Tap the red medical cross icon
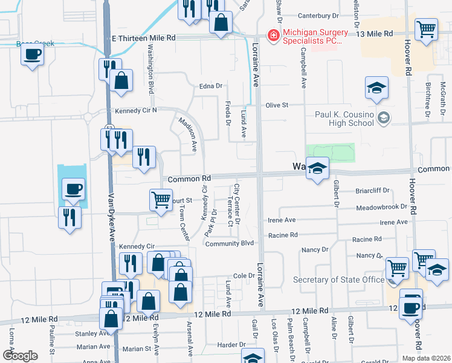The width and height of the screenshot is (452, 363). click(x=274, y=36)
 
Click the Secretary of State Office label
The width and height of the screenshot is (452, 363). click(x=338, y=280)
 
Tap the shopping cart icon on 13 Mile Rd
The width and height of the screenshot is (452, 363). click(x=427, y=28)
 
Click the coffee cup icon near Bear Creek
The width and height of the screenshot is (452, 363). click(x=32, y=54)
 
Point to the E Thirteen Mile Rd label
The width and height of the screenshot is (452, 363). click(x=144, y=38)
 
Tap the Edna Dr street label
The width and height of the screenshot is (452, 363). click(x=211, y=87)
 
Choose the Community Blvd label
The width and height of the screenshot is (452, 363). click(x=229, y=244)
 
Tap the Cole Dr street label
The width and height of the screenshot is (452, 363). click(x=244, y=275)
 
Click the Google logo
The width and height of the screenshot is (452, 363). click(x=20, y=356)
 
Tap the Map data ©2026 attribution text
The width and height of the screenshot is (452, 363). click(x=425, y=358)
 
